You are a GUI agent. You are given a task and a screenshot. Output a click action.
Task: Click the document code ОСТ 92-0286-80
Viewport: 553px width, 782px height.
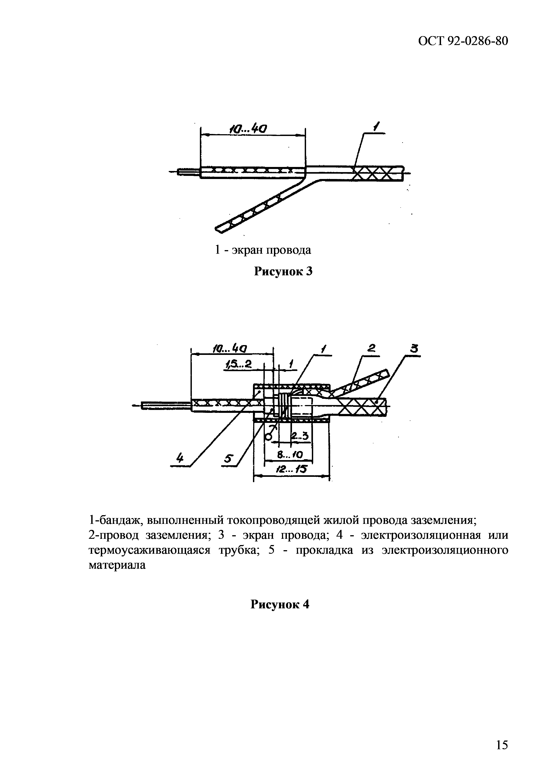[x=463, y=41]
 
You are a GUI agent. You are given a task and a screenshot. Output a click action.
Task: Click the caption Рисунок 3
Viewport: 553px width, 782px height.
[x=284, y=272]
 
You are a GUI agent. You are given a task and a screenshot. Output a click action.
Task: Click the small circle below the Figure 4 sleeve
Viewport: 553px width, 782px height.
[x=269, y=437]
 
